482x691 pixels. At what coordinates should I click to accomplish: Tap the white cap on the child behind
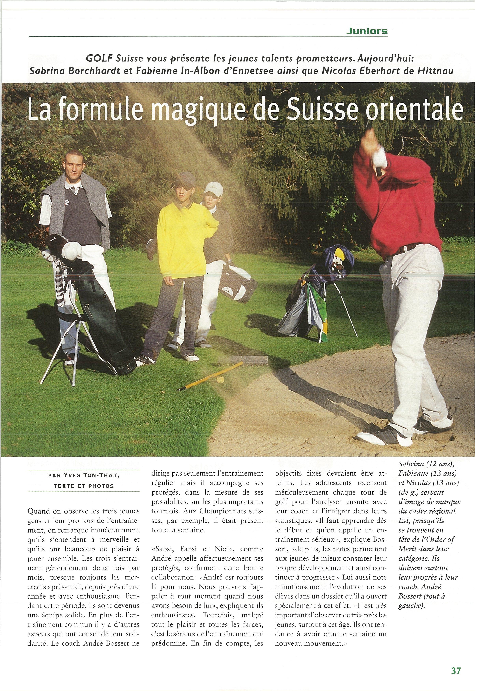[213, 188]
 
